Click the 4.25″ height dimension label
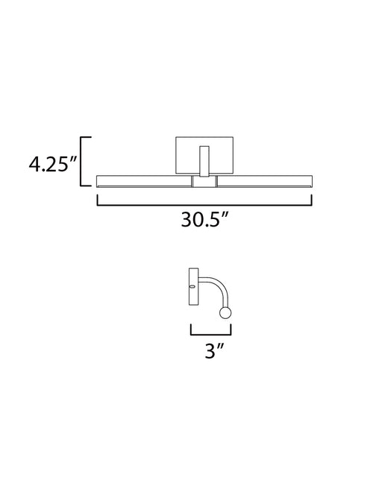pos(51,165)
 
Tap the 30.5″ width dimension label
pos(204,219)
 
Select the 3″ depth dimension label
pos(214,350)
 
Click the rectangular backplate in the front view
pos(204,155)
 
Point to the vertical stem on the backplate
pos(204,161)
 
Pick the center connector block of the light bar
pos(204,181)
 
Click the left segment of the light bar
pos(144,181)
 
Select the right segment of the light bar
pos(265,181)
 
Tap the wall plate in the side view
pos(194,286)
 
